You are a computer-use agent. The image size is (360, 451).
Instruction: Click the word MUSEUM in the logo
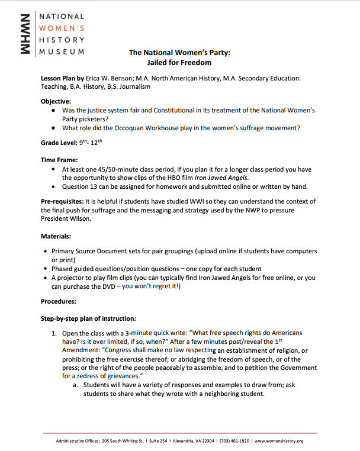tap(62, 51)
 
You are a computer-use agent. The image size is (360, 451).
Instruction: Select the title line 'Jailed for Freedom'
tap(179, 62)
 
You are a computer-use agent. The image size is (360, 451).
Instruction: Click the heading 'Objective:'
tap(56, 101)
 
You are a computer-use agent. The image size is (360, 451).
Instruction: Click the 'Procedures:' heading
tap(58, 301)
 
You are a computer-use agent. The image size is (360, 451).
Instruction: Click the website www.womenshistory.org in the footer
tap(278, 441)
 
